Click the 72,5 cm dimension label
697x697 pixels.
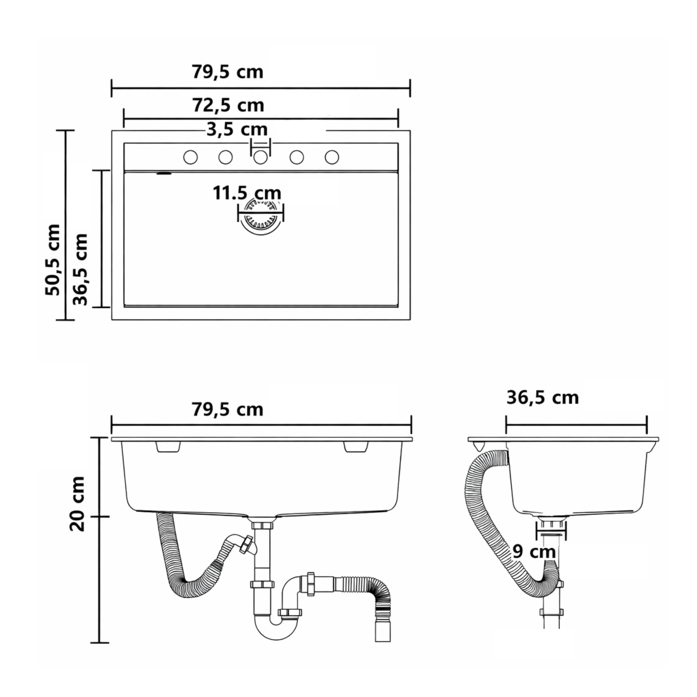coord(228,106)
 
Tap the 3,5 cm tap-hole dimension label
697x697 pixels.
coord(237,129)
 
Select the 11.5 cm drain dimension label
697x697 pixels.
coord(247,193)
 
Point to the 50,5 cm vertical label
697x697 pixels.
coord(53,260)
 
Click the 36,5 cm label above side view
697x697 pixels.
coord(542,398)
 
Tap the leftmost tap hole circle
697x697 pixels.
coord(191,157)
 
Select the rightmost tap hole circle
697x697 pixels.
coord(331,157)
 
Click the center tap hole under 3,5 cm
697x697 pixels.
coord(260,157)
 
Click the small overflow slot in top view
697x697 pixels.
coord(164,174)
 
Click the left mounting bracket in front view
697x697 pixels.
coord(168,447)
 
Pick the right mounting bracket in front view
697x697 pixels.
coord(356,447)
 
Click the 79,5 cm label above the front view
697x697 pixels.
coord(227,409)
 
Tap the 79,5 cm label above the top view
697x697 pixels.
coord(227,71)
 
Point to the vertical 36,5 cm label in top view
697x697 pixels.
coord(80,269)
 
